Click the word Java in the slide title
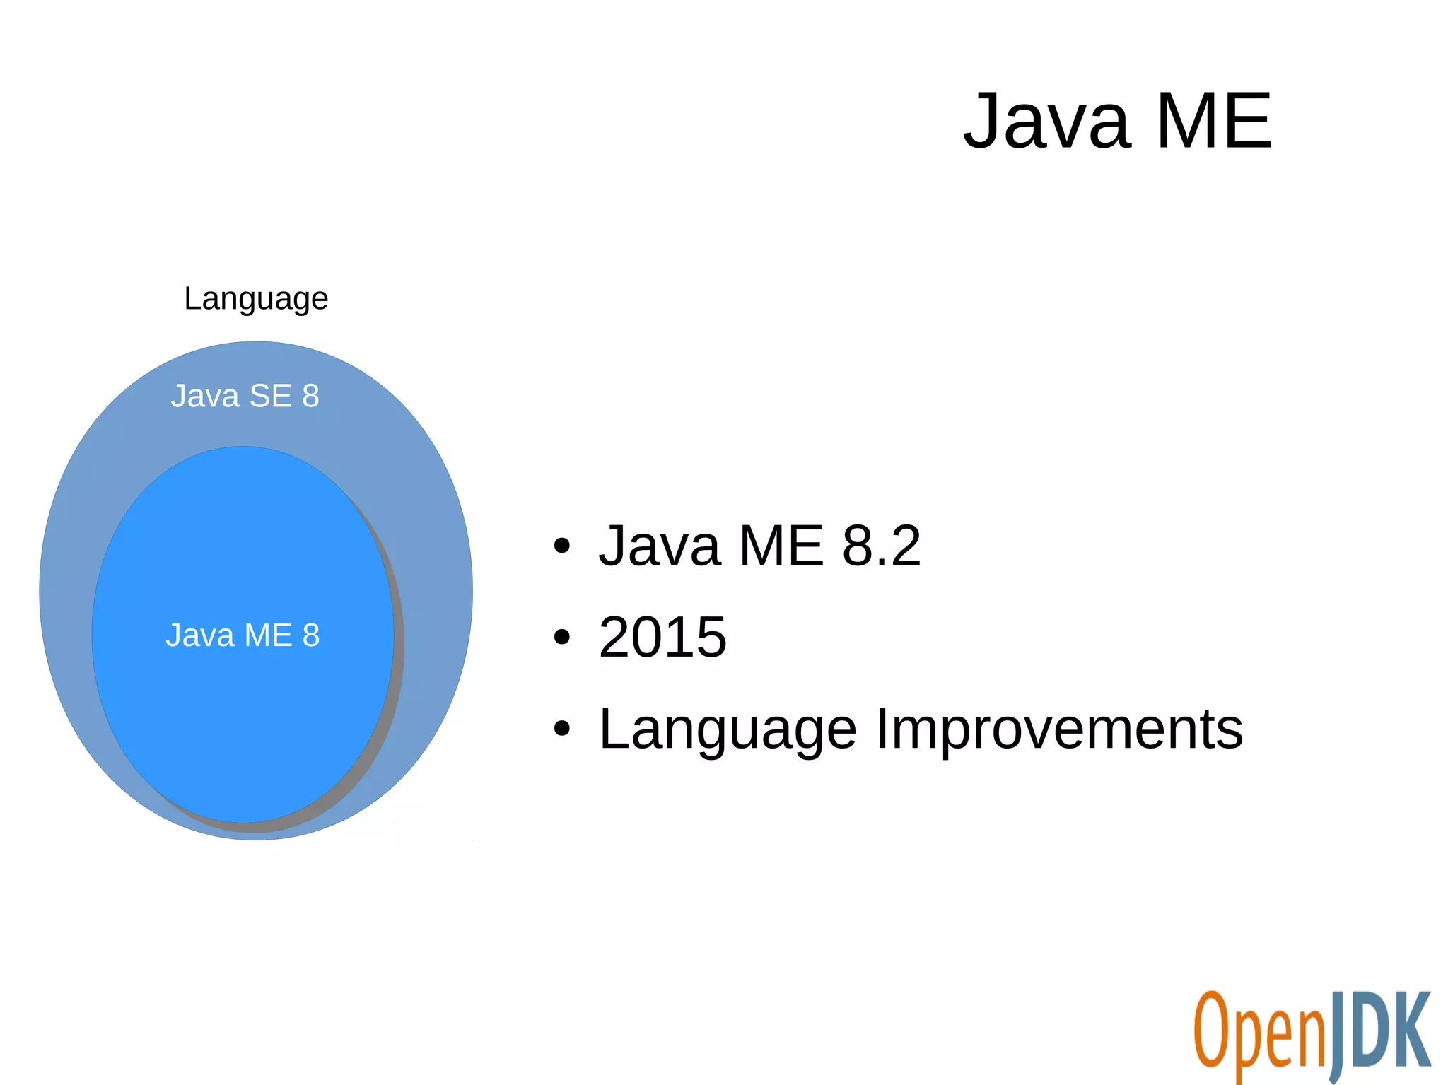[x=1046, y=122]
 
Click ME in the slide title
[x=1213, y=122]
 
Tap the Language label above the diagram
[x=256, y=299]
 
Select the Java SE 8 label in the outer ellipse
[x=245, y=396]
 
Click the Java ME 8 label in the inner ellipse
[x=243, y=635]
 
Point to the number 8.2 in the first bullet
[x=881, y=546]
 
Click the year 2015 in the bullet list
[x=662, y=637]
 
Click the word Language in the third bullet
[x=728, y=730]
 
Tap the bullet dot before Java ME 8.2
[x=561, y=546]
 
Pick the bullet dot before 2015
[x=561, y=638]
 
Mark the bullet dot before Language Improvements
[x=561, y=729]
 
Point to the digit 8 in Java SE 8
[x=310, y=396]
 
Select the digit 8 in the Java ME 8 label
[x=311, y=635]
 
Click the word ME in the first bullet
[x=781, y=546]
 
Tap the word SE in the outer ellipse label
[x=270, y=396]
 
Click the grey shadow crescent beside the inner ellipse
[x=397, y=671]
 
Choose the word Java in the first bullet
[x=659, y=546]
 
